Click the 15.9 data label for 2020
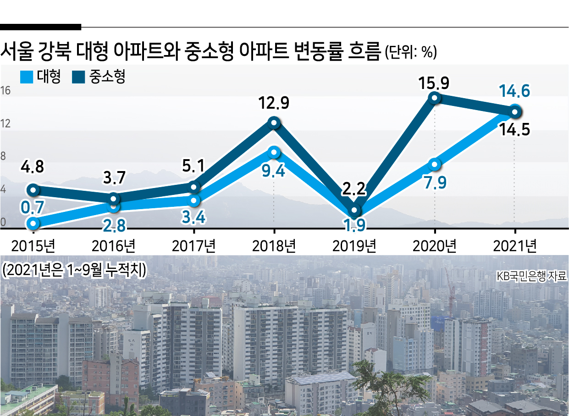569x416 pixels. (x=434, y=83)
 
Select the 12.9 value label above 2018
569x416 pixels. (x=274, y=103)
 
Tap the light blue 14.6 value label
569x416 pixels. (x=515, y=91)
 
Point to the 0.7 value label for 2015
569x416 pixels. (x=33, y=207)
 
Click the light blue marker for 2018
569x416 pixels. (x=274, y=152)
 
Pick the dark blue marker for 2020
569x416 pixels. (x=435, y=98)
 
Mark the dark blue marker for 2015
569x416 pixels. (x=33, y=190)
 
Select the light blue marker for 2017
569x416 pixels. (x=194, y=200)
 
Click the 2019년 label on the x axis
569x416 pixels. (x=354, y=246)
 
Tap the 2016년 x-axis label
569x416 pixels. (x=114, y=246)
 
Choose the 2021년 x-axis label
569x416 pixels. (x=515, y=246)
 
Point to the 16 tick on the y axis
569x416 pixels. (x=6, y=91)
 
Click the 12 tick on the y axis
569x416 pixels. (x=6, y=124)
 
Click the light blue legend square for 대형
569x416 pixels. (x=27, y=77)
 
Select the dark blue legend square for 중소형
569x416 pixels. (x=78, y=77)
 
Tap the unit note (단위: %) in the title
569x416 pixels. (x=411, y=52)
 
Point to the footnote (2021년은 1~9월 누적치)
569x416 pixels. (x=74, y=271)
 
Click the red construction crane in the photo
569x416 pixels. (x=450, y=292)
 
